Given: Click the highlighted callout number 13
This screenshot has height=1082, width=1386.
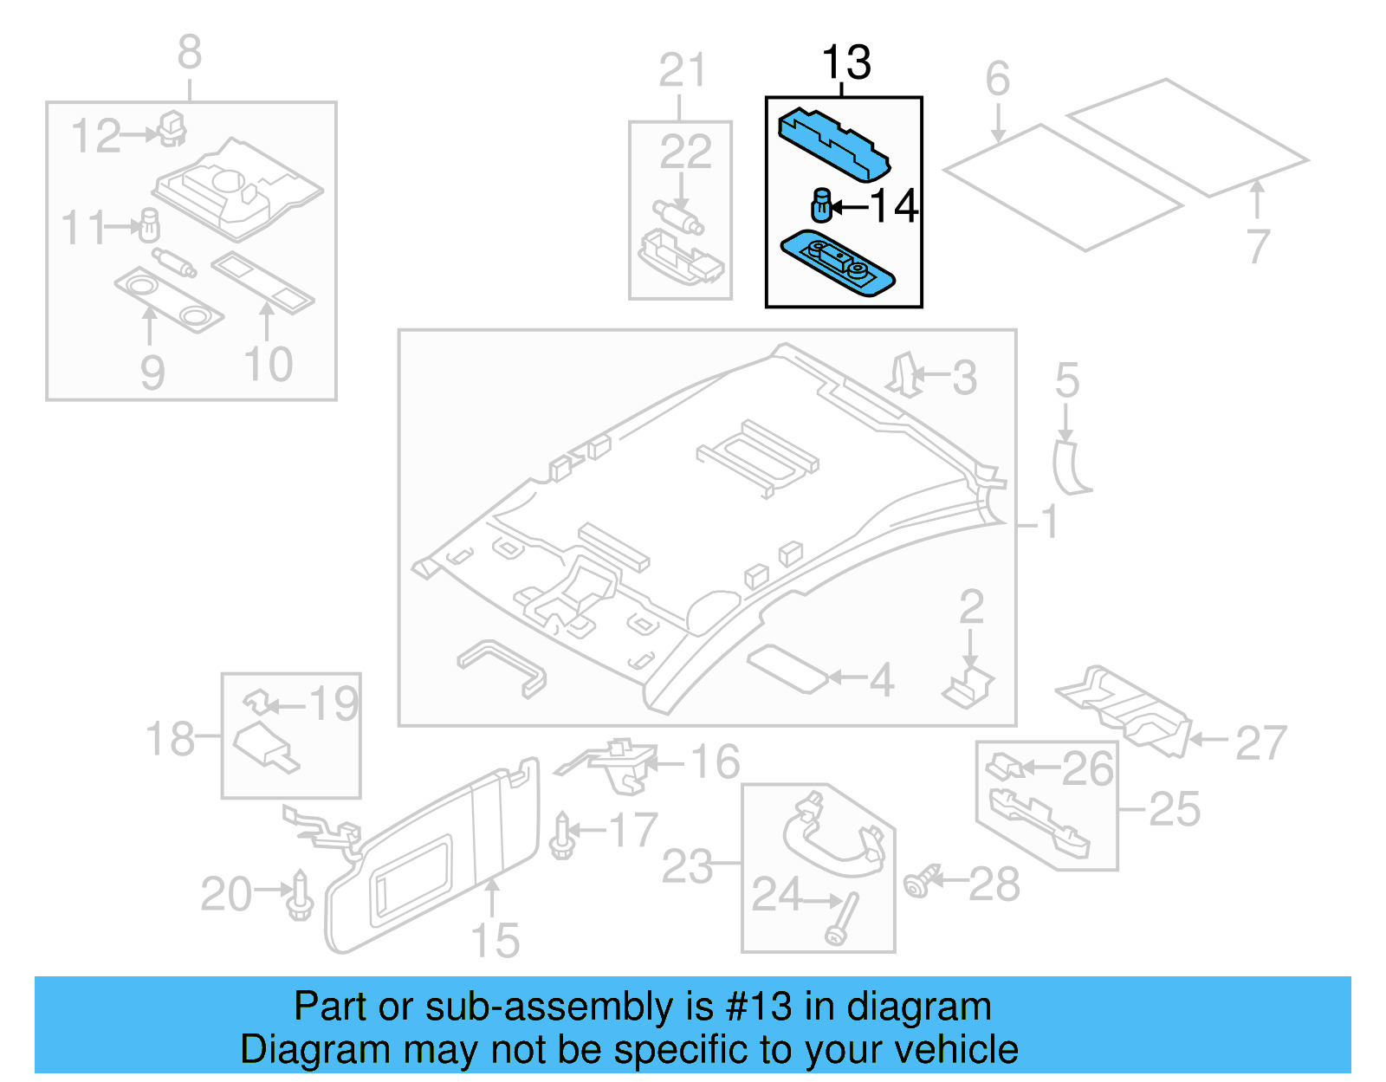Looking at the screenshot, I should click(x=845, y=62).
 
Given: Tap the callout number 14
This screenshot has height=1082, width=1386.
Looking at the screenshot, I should click(x=894, y=206).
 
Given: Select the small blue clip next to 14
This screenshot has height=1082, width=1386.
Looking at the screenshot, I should click(x=821, y=204).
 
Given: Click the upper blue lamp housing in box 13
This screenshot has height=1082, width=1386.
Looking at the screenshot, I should click(x=832, y=144).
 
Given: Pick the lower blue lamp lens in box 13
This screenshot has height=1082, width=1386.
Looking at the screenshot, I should click(x=837, y=262).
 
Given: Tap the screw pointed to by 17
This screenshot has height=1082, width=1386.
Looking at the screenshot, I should click(x=562, y=835).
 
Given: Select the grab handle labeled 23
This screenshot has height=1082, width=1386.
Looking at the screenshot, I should click(x=832, y=836).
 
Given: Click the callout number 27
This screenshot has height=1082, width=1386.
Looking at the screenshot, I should click(x=1260, y=742).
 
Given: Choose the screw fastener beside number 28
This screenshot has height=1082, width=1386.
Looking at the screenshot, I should click(x=921, y=881).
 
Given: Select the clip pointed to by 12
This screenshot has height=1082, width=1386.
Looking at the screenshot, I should click(x=172, y=128).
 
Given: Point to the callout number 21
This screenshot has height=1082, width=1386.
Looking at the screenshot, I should click(x=682, y=70).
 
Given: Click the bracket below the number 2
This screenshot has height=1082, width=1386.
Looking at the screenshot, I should click(x=969, y=688).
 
